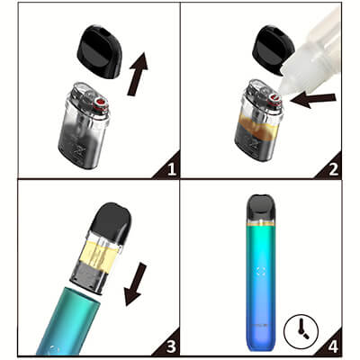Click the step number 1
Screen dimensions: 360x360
tap(172, 170)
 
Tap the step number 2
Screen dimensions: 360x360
tap(334, 170)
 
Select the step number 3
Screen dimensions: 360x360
tap(171, 347)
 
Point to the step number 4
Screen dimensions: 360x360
tap(334, 347)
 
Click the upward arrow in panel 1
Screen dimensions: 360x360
tap(138, 75)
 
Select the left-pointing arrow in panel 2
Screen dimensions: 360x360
tap(313, 101)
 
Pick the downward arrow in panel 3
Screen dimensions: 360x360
tap(135, 284)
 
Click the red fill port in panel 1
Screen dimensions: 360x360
tap(101, 103)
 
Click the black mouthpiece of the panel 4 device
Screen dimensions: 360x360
tap(260, 209)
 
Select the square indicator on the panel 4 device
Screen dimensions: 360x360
tap(260, 271)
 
